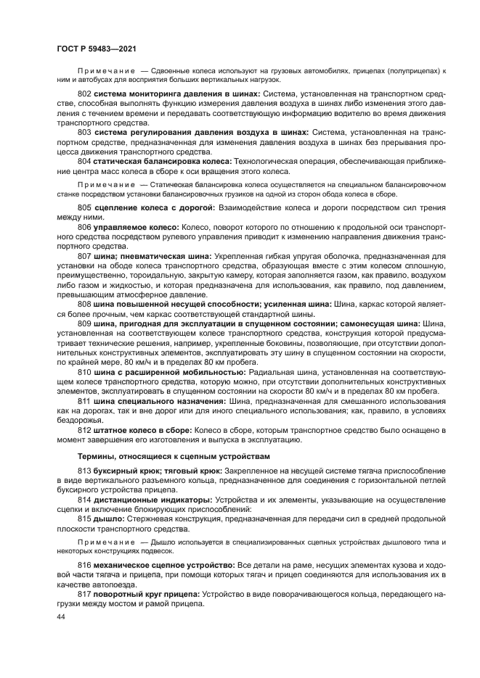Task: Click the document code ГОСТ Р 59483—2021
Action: coord(97,48)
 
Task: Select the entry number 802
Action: coord(84,95)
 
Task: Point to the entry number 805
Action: coord(84,208)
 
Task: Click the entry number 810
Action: coord(84,371)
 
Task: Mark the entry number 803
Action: coord(84,133)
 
